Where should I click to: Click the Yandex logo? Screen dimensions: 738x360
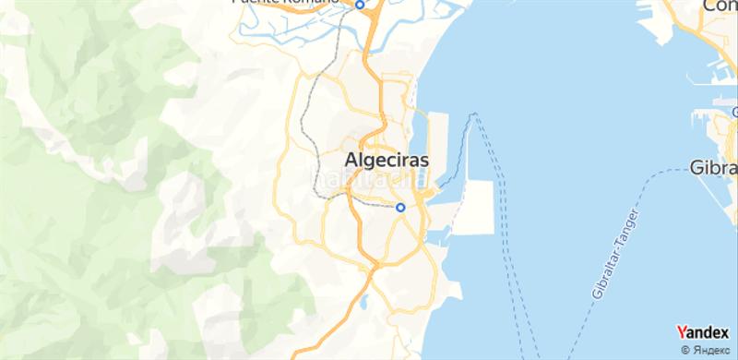(x=702, y=332)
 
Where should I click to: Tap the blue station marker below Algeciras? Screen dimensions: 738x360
(x=400, y=208)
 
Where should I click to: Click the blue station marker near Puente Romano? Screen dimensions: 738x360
(x=361, y=5)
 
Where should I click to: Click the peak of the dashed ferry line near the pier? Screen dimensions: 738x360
(x=475, y=114)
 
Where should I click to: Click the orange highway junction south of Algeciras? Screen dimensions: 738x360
(x=372, y=269)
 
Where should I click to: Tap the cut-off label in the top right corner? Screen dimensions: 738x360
(x=720, y=6)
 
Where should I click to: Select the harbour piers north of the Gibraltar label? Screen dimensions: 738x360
(x=715, y=125)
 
